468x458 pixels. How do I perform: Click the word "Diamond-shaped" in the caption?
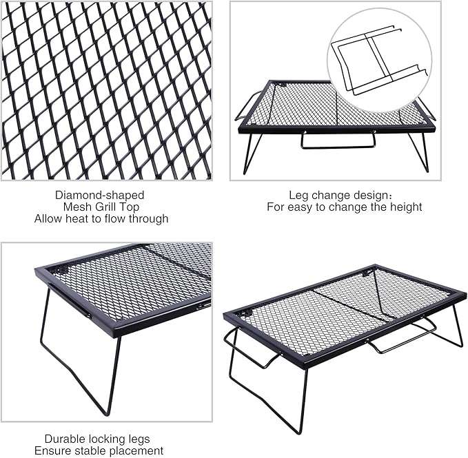(x=100, y=196)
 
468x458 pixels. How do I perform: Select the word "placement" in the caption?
(x=138, y=451)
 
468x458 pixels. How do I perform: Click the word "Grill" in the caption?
(x=107, y=207)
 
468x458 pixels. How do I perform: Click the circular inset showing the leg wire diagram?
(x=380, y=59)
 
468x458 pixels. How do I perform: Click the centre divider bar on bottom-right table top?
(x=348, y=305)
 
